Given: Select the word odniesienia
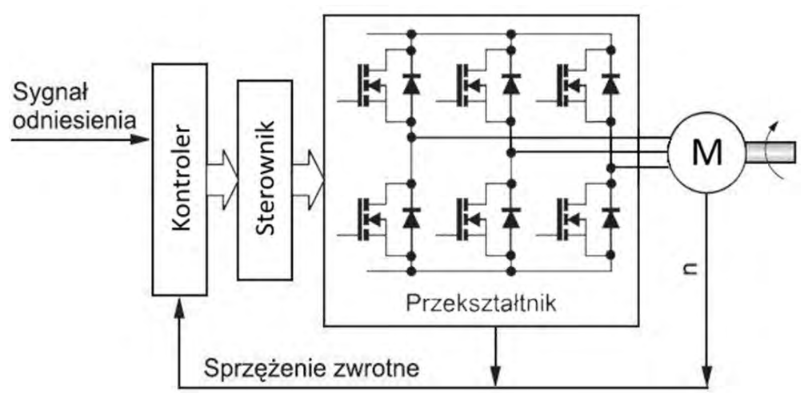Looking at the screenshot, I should [74, 121].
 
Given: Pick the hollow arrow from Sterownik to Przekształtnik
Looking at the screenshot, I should [309, 172].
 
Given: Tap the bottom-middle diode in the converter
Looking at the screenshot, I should [511, 217].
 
